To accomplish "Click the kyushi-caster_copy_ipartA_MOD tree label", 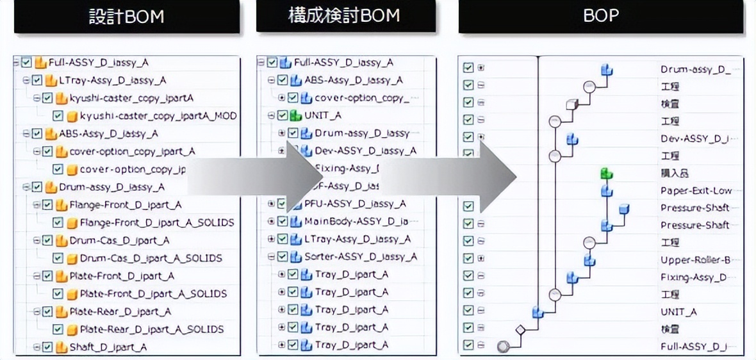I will coord(158,116).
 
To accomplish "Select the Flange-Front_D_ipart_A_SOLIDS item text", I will coord(157,223).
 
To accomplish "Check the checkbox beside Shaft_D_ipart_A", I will coord(47,347).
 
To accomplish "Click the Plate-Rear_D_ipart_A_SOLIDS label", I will coord(152,329).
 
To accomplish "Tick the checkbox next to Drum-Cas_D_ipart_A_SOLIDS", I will coord(58,258).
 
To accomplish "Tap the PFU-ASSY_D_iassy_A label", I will coord(355,204).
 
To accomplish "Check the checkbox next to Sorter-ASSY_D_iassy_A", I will coord(283,257).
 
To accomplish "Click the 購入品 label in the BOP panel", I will coord(670,174).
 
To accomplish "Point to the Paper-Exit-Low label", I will coord(696,191).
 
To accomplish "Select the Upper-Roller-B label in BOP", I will coord(693,260).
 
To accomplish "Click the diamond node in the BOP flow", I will coord(520,330).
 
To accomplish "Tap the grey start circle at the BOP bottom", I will coord(504,347).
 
